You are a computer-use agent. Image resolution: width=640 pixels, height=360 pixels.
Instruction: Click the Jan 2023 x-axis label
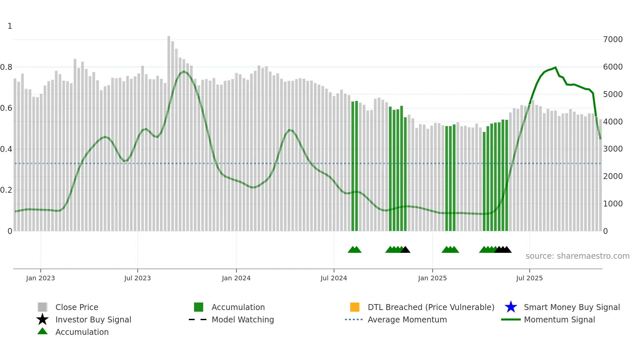click(40, 278)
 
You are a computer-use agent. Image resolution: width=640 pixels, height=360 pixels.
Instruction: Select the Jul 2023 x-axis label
click(137, 278)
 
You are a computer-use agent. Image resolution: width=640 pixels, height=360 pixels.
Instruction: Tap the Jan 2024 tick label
click(236, 278)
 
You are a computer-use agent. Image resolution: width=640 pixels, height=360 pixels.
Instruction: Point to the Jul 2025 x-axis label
click(529, 278)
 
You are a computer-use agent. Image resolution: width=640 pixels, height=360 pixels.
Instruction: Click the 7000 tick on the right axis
click(613, 40)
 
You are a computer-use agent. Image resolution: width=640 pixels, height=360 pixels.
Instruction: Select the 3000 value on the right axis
click(613, 149)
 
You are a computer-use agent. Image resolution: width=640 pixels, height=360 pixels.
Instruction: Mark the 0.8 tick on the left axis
click(6, 67)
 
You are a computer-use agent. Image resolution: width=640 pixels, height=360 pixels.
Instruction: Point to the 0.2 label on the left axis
click(6, 190)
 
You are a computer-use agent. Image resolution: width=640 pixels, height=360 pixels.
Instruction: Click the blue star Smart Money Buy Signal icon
click(511, 307)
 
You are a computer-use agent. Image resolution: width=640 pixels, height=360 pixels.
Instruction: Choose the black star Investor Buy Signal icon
click(42, 319)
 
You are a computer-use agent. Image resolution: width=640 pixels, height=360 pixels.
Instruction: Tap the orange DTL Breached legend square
click(355, 307)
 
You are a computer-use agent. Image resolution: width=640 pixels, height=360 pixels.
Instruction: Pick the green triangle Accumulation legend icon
click(42, 332)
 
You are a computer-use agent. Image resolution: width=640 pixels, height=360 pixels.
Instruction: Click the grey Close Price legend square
click(42, 307)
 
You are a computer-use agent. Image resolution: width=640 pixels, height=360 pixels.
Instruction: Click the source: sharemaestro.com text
click(577, 256)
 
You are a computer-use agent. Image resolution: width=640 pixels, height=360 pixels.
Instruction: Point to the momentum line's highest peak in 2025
click(555, 68)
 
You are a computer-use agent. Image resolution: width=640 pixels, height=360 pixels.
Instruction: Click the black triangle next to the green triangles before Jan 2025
click(405, 250)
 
